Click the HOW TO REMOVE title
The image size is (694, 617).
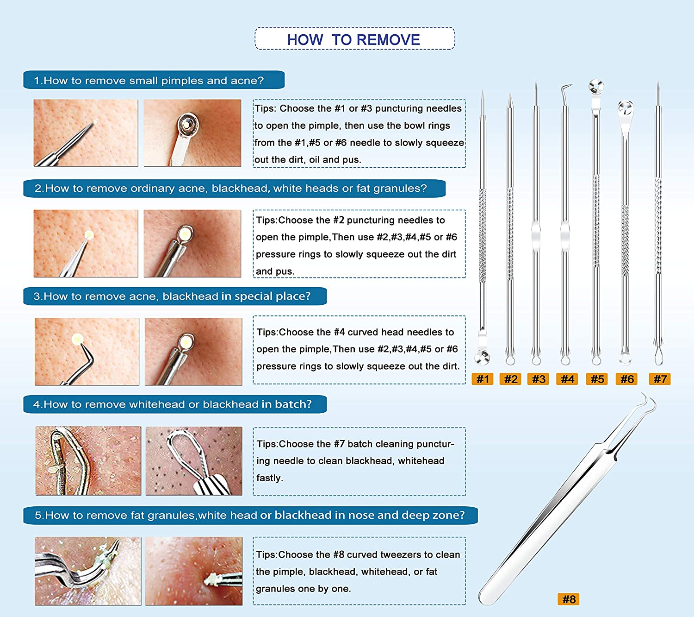point(354,39)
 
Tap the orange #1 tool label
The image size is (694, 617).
point(483,379)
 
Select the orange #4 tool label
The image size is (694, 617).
point(567,379)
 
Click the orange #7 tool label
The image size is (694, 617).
point(660,379)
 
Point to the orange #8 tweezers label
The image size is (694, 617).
point(569,599)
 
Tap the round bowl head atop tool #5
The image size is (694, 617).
point(596,87)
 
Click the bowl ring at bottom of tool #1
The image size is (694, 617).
point(482,357)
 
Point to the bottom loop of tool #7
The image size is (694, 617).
point(658,356)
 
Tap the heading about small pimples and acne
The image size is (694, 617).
point(149,80)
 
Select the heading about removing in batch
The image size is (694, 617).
point(173,404)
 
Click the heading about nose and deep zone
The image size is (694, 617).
point(250,515)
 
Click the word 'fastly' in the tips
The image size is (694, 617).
point(269,478)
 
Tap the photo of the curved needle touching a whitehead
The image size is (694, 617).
point(87,351)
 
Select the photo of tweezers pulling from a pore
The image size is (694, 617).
point(193,571)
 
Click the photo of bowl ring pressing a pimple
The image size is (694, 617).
point(192,132)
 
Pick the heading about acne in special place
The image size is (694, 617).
point(172,296)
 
